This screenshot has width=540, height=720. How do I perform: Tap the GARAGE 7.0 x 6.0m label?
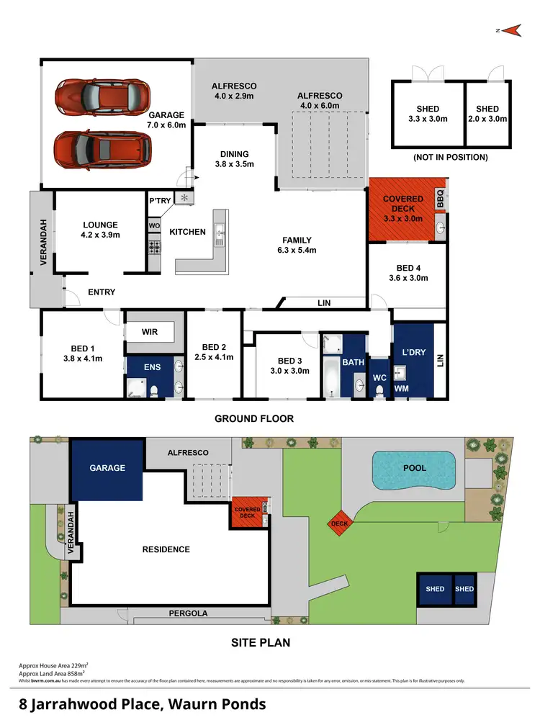click(166, 120)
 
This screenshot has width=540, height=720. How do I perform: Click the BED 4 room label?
click(408, 273)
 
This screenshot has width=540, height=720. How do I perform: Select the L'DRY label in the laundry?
click(414, 354)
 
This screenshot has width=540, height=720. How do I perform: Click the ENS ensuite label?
click(153, 367)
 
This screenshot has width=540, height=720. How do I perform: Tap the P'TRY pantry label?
click(158, 201)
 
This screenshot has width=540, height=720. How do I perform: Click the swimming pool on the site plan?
click(415, 469)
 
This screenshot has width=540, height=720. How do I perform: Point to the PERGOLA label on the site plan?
click(189, 613)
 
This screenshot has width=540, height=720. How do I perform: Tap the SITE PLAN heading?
click(260, 642)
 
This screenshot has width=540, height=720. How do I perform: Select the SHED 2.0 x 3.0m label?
click(487, 114)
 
